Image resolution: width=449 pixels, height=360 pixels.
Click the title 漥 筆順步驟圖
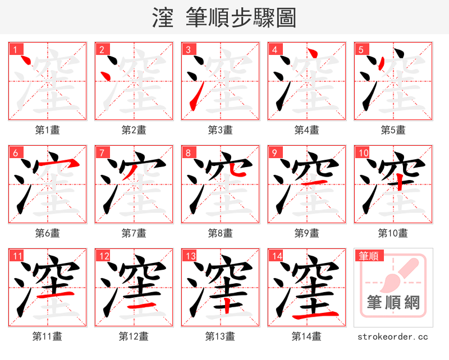pyautogui.click(x=224, y=18)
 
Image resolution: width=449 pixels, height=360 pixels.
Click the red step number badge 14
pyautogui.click(x=276, y=256)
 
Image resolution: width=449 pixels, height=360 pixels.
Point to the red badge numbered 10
pyautogui.click(x=363, y=153)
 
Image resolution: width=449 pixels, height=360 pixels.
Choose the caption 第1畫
pyautogui.click(x=48, y=130)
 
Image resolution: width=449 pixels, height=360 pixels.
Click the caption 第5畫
pyautogui.click(x=393, y=130)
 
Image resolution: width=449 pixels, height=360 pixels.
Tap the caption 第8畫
pyautogui.click(x=220, y=233)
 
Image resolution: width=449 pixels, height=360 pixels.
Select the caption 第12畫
pyautogui.click(x=134, y=336)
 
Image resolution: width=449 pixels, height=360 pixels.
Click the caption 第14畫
pyautogui.click(x=306, y=336)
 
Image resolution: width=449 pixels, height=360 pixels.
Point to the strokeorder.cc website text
pyautogui.click(x=393, y=336)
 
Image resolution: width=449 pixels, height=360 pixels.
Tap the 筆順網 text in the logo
pyautogui.click(x=393, y=303)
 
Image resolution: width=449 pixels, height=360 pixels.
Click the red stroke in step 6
pyautogui.click(x=68, y=163)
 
